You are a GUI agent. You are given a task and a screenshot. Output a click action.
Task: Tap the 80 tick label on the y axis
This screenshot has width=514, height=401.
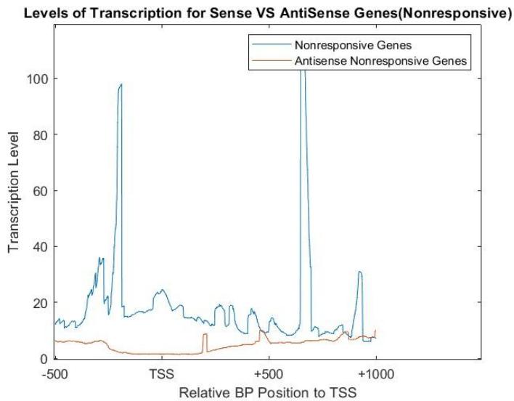click(x=41, y=134)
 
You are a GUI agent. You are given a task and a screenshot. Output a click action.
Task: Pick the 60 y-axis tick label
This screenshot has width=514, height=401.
click(x=41, y=190)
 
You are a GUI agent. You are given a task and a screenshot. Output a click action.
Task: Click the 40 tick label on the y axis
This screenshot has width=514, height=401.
click(x=41, y=246)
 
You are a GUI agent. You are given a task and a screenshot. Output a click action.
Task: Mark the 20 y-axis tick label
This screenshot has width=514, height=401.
click(x=41, y=302)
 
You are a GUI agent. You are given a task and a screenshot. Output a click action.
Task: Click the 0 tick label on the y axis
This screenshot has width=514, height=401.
click(x=44, y=358)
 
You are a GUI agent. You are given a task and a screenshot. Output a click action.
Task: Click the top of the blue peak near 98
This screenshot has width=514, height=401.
click(x=121, y=84)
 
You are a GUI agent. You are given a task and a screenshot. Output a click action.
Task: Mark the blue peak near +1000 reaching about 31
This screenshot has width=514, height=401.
click(x=359, y=272)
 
